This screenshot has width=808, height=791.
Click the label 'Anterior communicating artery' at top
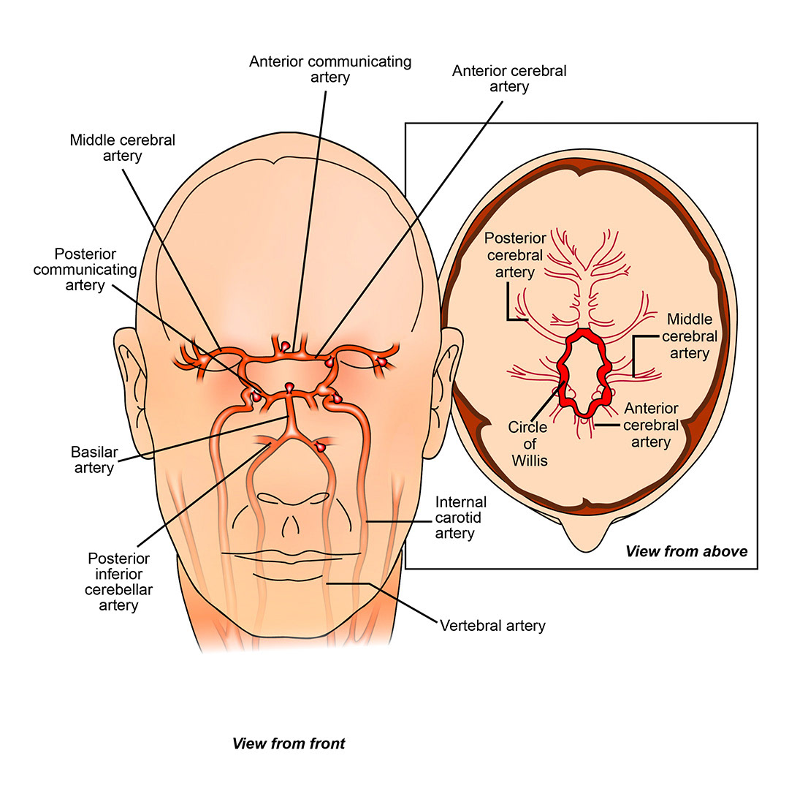point(330,69)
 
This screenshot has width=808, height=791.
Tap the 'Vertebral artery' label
point(492,626)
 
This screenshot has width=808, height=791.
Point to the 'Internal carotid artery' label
point(461,518)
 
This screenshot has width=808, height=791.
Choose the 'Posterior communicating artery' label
point(95,269)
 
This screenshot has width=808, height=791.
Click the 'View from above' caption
point(686,551)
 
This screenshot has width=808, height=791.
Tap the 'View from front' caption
point(289,744)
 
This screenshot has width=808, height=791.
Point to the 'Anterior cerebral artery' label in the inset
point(650,425)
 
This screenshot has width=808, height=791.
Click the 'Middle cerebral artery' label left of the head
point(123,147)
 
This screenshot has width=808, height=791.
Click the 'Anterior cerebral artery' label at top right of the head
point(509,78)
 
